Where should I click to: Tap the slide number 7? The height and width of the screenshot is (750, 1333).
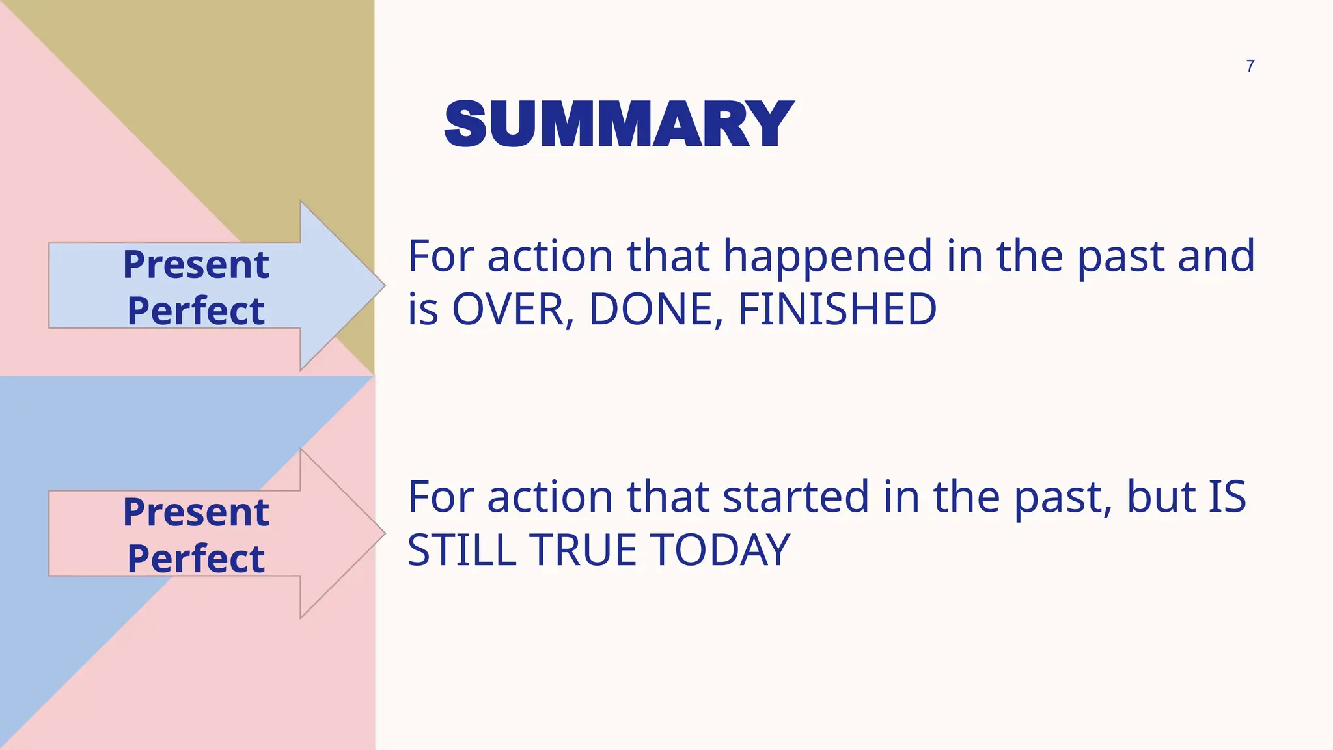pyautogui.click(x=1250, y=66)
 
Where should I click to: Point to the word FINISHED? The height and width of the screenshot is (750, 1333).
pyautogui.click(x=837, y=309)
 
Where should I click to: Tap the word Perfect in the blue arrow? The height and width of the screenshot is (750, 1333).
pyautogui.click(x=196, y=311)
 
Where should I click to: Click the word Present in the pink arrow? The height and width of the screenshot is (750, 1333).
pyautogui.click(x=196, y=512)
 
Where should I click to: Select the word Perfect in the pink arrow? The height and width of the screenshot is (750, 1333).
pyautogui.click(x=196, y=559)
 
